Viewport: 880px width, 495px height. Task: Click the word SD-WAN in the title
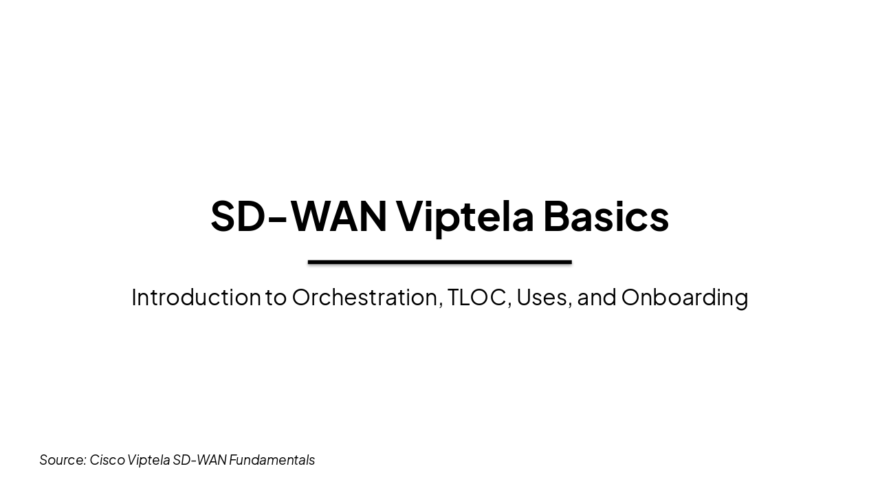(298, 216)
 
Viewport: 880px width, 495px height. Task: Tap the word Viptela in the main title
(465, 216)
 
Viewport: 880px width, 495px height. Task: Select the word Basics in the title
(606, 216)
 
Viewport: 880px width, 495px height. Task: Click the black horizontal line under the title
(440, 262)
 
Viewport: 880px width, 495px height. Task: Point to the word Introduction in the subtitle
(196, 297)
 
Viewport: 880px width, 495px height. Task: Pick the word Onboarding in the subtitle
(685, 297)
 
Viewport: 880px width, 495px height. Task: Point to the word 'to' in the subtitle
(276, 297)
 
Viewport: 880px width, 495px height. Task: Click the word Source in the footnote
(62, 460)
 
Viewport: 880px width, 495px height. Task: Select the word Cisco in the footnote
(107, 460)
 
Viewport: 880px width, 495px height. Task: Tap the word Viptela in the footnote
(148, 460)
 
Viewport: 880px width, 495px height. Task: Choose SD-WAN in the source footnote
(199, 460)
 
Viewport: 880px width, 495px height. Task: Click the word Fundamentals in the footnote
(272, 460)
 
